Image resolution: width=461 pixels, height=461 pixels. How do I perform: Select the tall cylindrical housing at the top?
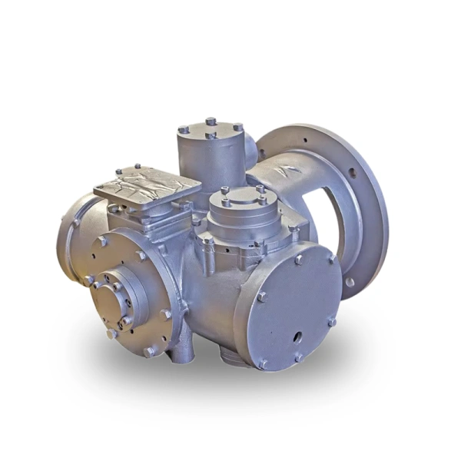(209, 157)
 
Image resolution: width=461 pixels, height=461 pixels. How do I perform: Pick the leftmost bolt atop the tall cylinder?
(184, 130)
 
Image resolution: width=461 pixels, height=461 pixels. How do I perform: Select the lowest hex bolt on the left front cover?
(150, 351)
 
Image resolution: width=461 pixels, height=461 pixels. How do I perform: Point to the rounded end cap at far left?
(71, 230)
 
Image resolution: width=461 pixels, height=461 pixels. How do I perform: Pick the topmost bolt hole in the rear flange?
(305, 138)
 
